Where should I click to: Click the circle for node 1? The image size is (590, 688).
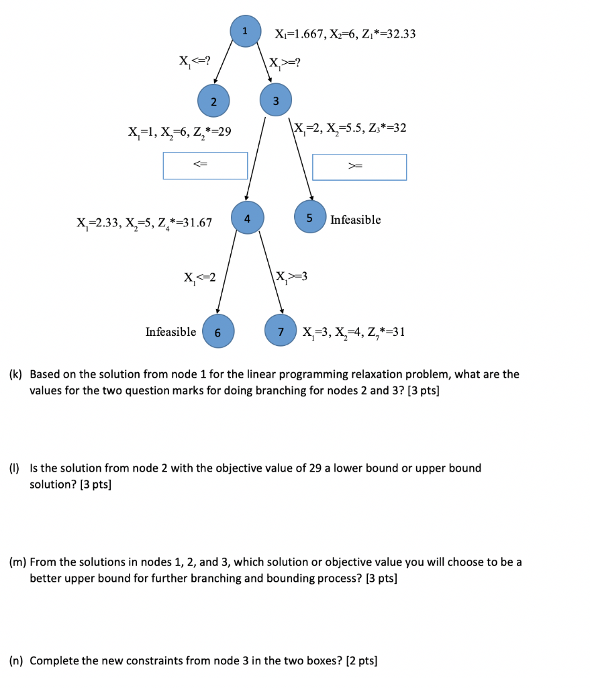coord(245,31)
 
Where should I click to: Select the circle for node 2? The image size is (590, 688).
coord(213,101)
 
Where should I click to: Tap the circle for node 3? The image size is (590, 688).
coord(275,100)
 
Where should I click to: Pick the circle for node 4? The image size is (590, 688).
coord(247,218)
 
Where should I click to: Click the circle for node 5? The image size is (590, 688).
coord(310,217)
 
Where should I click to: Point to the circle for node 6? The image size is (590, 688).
coord(217,332)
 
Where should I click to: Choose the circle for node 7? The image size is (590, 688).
coord(282,332)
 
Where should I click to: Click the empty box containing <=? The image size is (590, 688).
coord(205,165)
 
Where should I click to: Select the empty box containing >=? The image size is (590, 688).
coord(359,167)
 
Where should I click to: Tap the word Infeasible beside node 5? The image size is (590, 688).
coord(355,220)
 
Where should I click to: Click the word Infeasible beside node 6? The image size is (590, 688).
coord(171,331)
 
